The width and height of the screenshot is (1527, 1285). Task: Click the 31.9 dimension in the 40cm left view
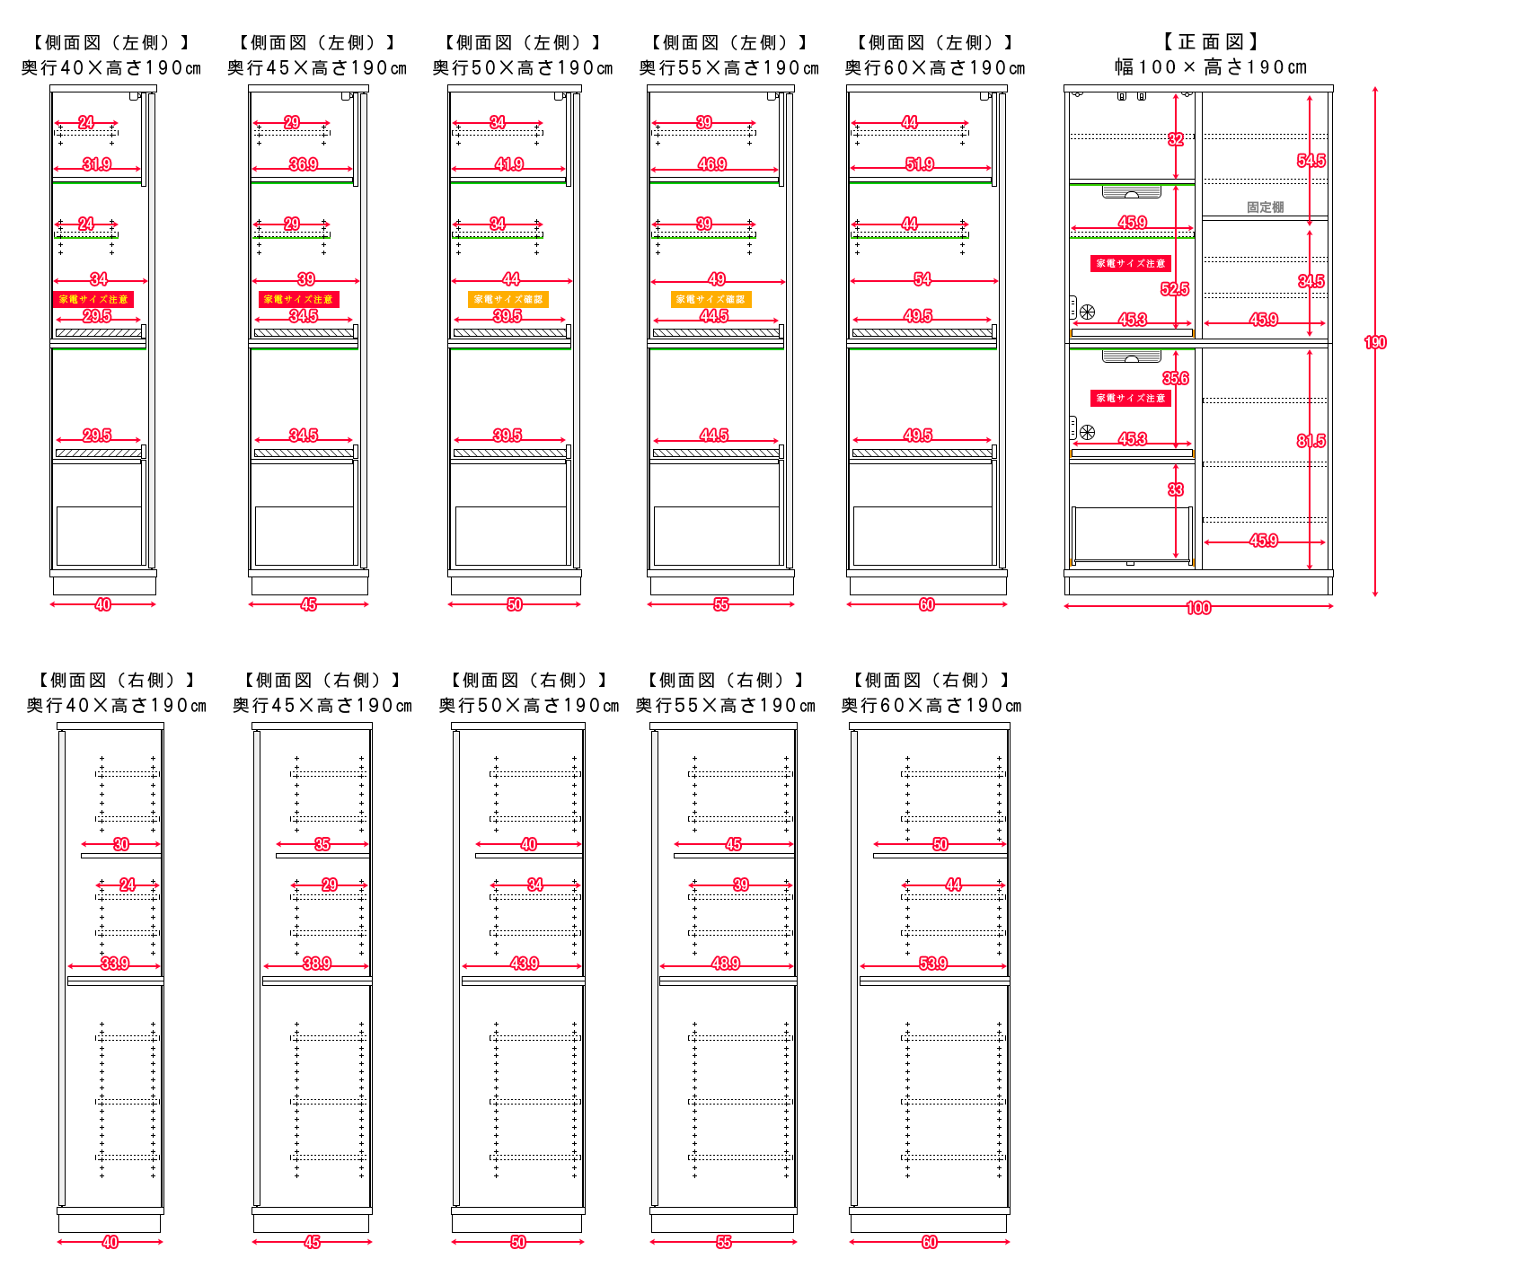tap(97, 164)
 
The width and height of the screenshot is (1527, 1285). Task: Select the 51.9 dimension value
tap(920, 164)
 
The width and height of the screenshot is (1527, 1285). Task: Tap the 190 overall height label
tap(1375, 342)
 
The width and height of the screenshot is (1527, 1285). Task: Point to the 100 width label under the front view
tap(1198, 608)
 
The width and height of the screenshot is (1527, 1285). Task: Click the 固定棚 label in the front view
tap(1265, 207)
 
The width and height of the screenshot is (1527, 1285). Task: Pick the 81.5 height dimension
tap(1311, 441)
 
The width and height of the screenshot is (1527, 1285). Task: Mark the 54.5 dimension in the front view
tap(1311, 161)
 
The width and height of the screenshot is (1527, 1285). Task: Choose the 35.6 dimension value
tap(1175, 378)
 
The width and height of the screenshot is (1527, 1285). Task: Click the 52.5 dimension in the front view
tap(1174, 289)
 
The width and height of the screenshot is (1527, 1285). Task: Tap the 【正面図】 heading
tap(1210, 42)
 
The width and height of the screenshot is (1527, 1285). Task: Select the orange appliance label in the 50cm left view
tap(508, 299)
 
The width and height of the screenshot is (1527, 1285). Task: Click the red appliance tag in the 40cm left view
tap(93, 299)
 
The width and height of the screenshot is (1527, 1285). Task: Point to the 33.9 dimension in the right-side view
tap(115, 964)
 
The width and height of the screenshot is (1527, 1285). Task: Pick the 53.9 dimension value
tap(933, 964)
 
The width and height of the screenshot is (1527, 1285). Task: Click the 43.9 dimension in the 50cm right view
tap(525, 964)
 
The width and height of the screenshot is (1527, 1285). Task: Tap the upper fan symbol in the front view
tap(1087, 312)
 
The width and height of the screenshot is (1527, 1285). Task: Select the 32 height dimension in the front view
tap(1175, 139)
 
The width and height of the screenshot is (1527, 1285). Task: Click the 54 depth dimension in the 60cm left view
tap(922, 279)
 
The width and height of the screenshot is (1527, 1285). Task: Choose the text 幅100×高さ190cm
tap(1210, 67)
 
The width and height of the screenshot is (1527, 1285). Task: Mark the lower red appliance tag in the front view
tap(1131, 398)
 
